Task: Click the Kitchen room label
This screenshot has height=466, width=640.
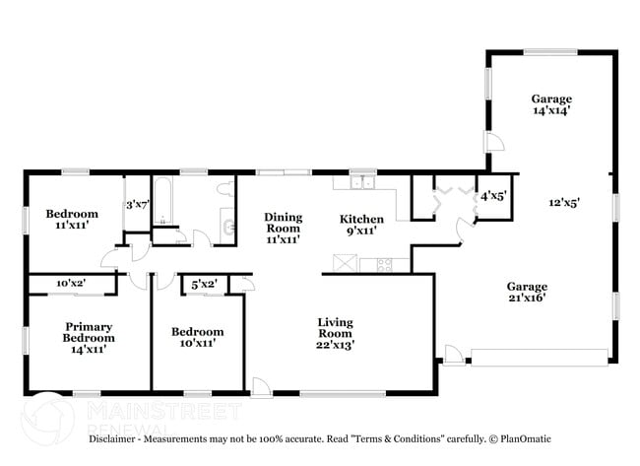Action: click(361, 225)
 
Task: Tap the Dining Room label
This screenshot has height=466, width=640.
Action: click(284, 229)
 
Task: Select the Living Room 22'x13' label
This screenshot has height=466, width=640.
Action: click(335, 334)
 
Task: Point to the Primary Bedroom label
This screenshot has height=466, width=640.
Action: click(89, 338)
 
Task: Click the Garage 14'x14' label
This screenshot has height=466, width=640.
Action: click(551, 104)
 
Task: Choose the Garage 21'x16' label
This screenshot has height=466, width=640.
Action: click(527, 292)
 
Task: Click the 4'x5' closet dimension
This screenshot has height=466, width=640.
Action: click(493, 196)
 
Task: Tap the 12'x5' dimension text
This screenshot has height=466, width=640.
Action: click(564, 202)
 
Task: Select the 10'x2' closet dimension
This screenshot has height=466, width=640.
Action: click(71, 283)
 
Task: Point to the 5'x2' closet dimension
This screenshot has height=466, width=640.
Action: click(204, 284)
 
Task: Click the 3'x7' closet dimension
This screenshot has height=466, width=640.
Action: click(138, 204)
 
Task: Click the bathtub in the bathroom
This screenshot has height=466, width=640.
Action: click(163, 200)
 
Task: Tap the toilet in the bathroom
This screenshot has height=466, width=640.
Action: click(225, 189)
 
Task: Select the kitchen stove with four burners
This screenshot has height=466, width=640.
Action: click(384, 265)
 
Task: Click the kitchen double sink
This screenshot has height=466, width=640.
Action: click(363, 181)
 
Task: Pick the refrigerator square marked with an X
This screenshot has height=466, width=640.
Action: click(345, 263)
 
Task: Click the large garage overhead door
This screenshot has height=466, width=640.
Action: click(540, 358)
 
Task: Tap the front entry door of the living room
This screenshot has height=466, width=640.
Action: click(262, 387)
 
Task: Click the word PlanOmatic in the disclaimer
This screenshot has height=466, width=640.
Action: click(526, 439)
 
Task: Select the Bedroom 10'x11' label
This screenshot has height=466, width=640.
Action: click(198, 337)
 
